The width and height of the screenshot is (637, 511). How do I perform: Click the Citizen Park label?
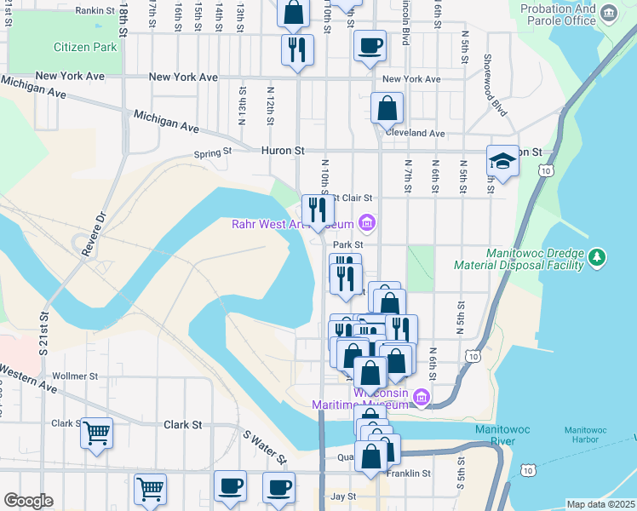[x=84, y=47]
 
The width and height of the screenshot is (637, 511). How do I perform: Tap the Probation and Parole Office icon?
[x=608, y=13]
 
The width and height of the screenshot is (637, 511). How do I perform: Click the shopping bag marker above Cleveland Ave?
[x=387, y=109]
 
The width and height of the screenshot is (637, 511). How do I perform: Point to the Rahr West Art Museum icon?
[x=367, y=224]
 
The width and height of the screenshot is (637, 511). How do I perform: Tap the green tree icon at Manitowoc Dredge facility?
[x=598, y=256]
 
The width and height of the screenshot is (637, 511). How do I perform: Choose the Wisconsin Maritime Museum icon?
[x=420, y=397]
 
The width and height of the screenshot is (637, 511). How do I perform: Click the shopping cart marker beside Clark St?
[x=96, y=432]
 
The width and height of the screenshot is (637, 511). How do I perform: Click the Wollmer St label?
[x=76, y=376]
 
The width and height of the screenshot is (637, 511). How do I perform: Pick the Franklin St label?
[x=409, y=474]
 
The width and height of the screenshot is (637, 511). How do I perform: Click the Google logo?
[x=28, y=501]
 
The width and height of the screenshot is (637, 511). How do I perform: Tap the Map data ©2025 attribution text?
[x=600, y=504]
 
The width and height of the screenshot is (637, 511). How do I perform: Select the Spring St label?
[x=212, y=153]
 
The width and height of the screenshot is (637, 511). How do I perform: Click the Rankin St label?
[x=95, y=11]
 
